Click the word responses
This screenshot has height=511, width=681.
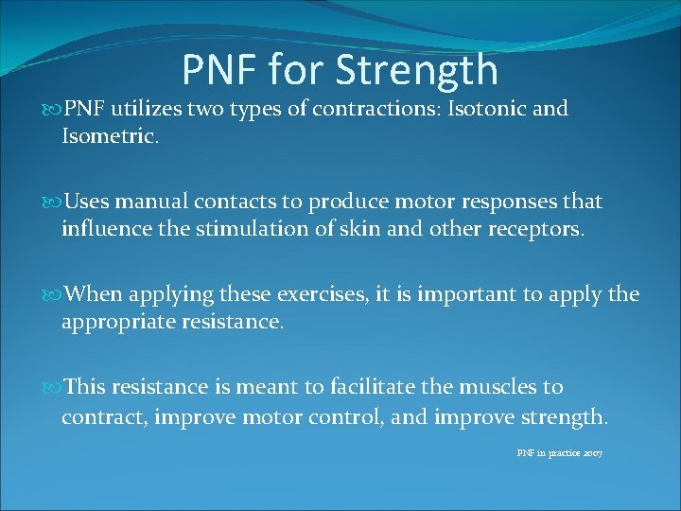point(498,202)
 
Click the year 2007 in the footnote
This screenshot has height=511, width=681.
point(591,454)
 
